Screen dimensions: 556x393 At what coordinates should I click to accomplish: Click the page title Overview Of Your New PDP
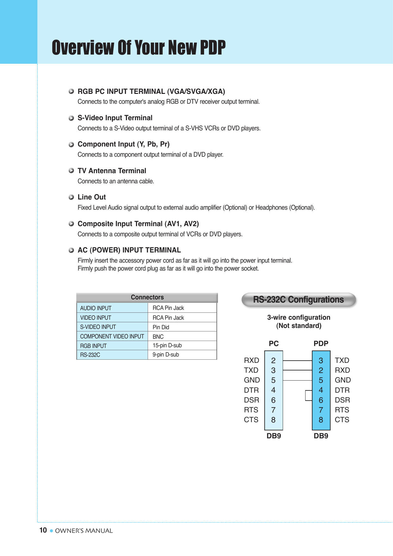pyautogui.click(x=139, y=48)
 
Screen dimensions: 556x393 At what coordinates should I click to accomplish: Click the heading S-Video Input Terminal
pyautogui.click(x=115, y=118)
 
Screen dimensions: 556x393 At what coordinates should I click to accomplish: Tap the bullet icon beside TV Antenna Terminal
pyautogui.click(x=71, y=171)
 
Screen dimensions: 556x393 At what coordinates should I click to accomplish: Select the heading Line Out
pyautogui.click(x=92, y=197)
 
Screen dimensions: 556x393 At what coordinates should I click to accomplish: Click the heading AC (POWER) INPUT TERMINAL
pyautogui.click(x=129, y=250)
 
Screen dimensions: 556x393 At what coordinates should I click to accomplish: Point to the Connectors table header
pyautogui.click(x=147, y=298)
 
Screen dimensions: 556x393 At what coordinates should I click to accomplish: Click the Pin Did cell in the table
pyautogui.click(x=161, y=327)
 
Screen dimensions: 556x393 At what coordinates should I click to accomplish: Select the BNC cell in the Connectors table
pyautogui.click(x=158, y=337)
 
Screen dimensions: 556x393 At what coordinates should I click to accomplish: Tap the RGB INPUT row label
pyautogui.click(x=93, y=346)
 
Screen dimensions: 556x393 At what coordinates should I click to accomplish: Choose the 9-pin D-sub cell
pyautogui.click(x=165, y=355)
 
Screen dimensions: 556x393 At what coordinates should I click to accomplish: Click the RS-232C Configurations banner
pyautogui.click(x=298, y=300)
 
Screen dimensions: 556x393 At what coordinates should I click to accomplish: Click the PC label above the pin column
pyautogui.click(x=274, y=343)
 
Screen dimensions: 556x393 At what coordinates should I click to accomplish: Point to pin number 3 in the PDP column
pyautogui.click(x=321, y=361)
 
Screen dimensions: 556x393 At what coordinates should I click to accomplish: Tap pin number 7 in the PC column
pyautogui.click(x=273, y=410)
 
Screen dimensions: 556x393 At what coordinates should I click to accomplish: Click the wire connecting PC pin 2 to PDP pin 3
pyautogui.click(x=297, y=361)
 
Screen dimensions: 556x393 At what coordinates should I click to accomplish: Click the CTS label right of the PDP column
pyautogui.click(x=342, y=420)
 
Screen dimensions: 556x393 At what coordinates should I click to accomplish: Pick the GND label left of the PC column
pyautogui.click(x=252, y=380)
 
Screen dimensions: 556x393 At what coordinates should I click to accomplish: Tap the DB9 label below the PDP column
pyautogui.click(x=321, y=436)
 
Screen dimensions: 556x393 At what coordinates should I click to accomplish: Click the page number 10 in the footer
pyautogui.click(x=43, y=530)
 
